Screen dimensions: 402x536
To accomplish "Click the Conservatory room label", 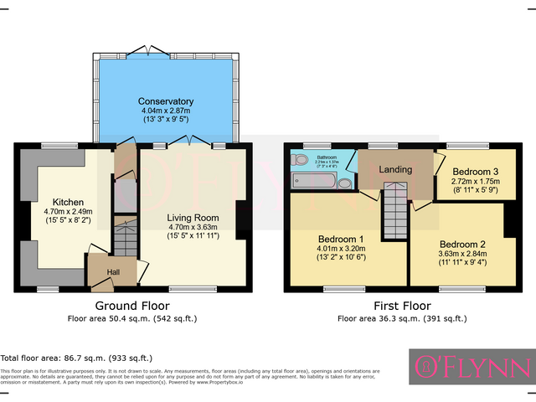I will click(165, 101).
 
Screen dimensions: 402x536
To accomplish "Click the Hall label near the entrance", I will click(112, 272).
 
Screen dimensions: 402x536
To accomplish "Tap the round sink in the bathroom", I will click(345, 182).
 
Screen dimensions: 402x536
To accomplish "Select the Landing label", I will click(395, 170).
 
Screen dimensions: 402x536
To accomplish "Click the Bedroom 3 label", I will click(474, 170).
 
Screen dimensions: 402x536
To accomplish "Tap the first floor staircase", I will click(394, 213).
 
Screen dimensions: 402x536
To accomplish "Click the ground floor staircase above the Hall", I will click(123, 239).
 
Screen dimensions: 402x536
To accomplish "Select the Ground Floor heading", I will click(132, 306).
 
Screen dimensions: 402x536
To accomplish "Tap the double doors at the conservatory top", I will click(149, 49).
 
